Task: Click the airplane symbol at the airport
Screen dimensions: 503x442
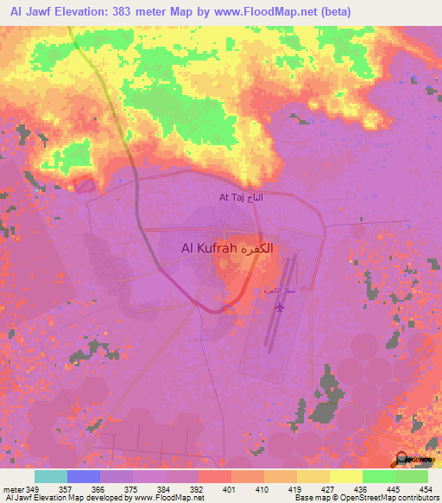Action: (x=280, y=304)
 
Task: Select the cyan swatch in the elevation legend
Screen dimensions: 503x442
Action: (x=50, y=476)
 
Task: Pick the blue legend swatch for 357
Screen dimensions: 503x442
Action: (x=84, y=476)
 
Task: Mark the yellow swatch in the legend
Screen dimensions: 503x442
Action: (x=345, y=476)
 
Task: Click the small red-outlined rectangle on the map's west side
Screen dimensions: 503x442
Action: (x=84, y=183)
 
